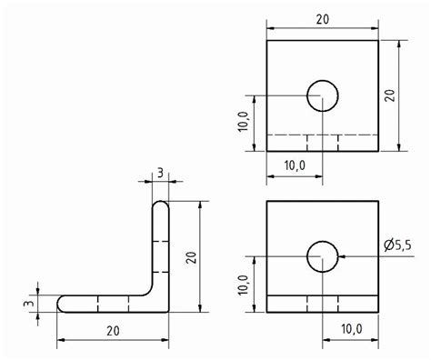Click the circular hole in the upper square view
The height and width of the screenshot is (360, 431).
322,95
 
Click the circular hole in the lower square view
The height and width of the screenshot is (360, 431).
322,257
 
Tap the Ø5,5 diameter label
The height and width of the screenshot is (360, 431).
400,245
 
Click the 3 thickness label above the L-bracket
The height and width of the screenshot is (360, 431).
159,173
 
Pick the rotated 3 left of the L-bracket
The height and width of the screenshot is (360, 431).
27,302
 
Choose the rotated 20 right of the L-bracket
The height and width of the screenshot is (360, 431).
190,257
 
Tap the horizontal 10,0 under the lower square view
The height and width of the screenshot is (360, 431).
351,327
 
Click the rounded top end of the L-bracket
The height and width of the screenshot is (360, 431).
159,206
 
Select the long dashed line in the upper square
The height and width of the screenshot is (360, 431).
323,135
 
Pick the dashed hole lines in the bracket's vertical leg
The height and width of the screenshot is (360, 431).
159,255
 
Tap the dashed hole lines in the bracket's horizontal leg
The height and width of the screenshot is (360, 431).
113,303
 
